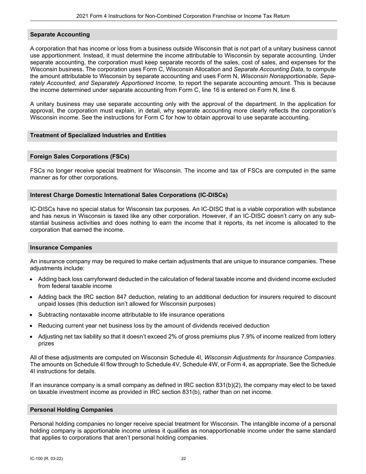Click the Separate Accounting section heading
tap(60, 35)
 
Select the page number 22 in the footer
tap(183, 459)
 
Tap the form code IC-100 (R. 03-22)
tap(46, 459)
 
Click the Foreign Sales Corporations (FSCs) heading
tap(79, 156)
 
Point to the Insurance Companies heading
tap(60, 247)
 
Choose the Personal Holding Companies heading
tap(71, 410)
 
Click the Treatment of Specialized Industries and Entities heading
tap(98, 135)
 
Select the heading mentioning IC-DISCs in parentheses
tap(129, 195)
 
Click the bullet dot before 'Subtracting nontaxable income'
tap(32, 315)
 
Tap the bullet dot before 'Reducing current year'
tap(32, 326)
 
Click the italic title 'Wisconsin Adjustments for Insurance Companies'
tap(269, 358)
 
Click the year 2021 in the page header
tap(82, 16)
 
